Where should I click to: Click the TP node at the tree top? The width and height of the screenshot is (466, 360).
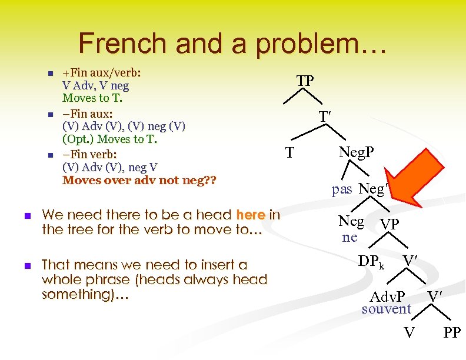[305, 81]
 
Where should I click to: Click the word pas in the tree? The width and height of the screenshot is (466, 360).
[342, 189]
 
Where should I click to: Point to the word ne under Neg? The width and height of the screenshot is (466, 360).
[350, 237]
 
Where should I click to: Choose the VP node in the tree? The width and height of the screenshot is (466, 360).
[390, 225]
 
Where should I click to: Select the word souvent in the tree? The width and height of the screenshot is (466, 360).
[387, 309]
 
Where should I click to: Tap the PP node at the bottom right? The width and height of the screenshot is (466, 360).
[452, 334]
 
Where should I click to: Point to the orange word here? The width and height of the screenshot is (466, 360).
[250, 215]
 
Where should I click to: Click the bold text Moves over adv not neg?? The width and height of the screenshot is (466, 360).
[139, 179]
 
